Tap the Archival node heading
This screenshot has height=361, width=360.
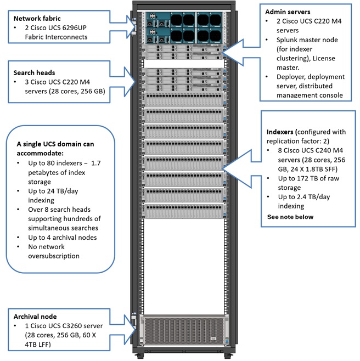pyautogui.click(x=36, y=317)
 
